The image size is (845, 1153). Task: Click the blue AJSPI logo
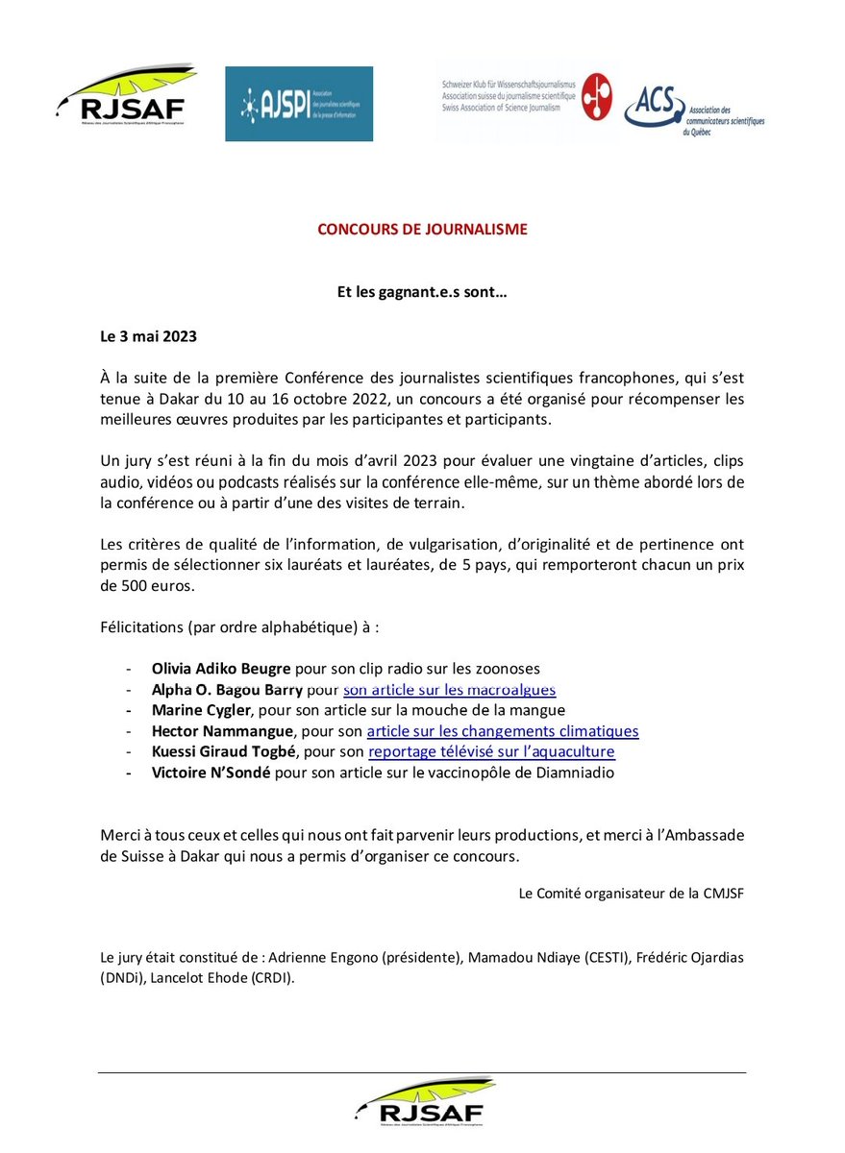[x=298, y=104]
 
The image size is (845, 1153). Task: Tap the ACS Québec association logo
[x=693, y=110]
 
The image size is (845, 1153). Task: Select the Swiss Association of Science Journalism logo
[x=525, y=98]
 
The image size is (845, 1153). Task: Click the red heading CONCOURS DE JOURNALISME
[x=422, y=230]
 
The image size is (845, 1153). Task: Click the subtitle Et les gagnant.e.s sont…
[x=422, y=292]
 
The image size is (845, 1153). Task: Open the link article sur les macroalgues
[x=449, y=689]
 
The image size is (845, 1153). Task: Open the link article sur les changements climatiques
[x=502, y=731]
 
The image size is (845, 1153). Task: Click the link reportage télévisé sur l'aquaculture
[x=491, y=751]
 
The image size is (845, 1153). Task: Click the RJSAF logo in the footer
[x=423, y=1101]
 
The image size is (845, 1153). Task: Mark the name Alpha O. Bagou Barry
[x=227, y=689]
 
